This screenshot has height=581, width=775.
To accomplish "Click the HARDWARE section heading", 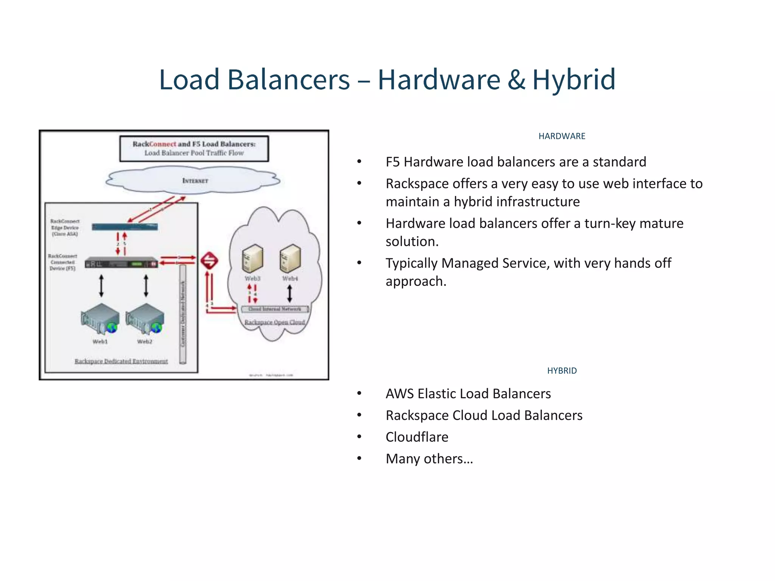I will point(562,136).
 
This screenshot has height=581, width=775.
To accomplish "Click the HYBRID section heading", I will point(562,371).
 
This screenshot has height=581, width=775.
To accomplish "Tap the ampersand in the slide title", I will point(516,80).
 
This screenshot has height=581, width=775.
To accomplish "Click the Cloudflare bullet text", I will point(417,437).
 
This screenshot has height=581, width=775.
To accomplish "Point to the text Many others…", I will point(429,459).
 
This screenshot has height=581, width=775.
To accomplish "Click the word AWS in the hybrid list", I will point(399,394).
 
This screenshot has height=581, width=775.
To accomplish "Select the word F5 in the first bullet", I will point(392,162).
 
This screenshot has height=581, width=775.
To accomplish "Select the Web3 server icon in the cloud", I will point(252,258).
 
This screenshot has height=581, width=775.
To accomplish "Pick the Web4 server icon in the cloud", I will point(290,258).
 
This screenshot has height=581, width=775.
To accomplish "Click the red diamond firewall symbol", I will point(209,261).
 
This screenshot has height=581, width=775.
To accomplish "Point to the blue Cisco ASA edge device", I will point(125,227).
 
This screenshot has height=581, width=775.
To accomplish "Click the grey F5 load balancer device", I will point(121,263).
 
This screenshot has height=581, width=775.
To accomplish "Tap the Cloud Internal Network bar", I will point(275,309).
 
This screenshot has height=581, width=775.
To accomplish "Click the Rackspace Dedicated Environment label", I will point(121,361).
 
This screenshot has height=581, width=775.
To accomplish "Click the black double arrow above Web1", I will point(101,286).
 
